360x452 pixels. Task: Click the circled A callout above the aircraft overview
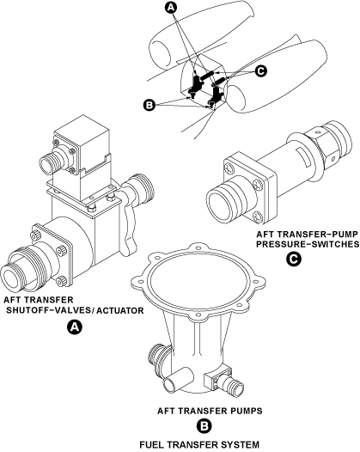coord(171,8)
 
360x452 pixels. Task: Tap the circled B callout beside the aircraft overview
coord(149,105)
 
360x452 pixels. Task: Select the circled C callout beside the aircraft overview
coord(261,71)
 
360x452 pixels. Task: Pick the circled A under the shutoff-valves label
coord(75,327)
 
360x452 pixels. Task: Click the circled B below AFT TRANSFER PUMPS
coord(204,426)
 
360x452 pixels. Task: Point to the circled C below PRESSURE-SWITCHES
coord(294,260)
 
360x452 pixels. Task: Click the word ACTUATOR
coord(119,311)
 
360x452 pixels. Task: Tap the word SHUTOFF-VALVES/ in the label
coord(50,311)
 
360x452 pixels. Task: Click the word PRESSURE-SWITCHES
coord(308,244)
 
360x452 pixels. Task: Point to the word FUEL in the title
coord(152,444)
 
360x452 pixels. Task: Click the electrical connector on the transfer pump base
coord(224,380)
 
